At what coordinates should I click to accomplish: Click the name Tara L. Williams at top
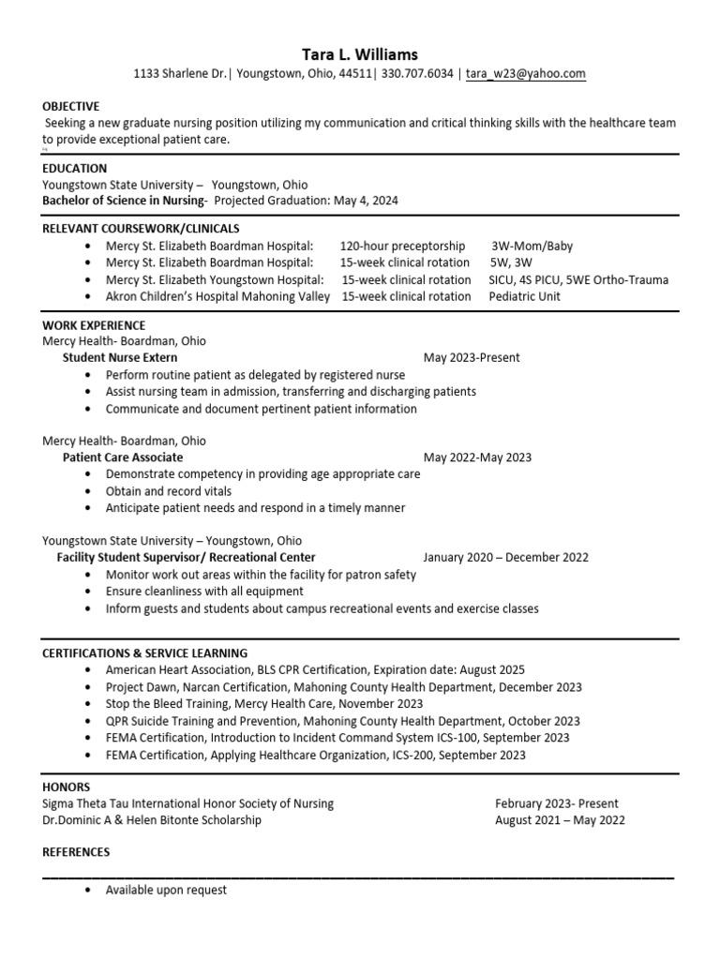point(360,54)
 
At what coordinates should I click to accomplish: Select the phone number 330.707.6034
point(418,74)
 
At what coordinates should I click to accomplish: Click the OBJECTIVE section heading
point(70,107)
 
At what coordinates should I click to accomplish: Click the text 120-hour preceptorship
point(402,247)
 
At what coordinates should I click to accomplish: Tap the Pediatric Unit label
point(524,297)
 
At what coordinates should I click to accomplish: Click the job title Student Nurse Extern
point(120,358)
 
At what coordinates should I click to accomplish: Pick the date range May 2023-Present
point(472,358)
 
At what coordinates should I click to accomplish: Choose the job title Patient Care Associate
point(123,457)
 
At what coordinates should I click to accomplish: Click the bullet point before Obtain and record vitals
point(88,491)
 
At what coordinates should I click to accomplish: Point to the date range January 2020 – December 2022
point(506,558)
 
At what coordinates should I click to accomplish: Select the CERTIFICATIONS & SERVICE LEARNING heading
point(144,653)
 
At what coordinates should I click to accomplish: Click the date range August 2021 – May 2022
point(560,821)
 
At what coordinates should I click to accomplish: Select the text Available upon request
point(166,891)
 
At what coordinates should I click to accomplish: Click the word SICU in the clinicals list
point(503,280)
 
